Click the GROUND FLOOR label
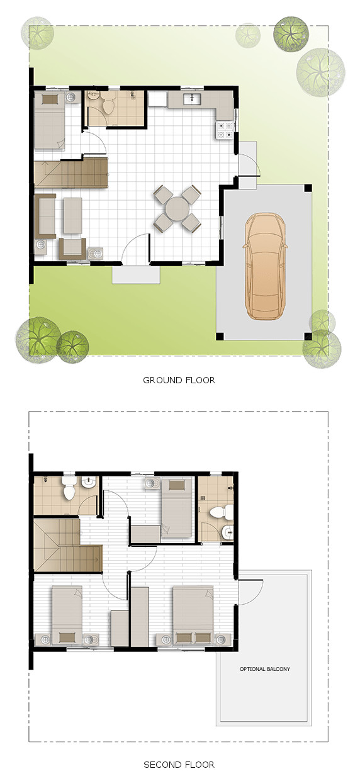pyautogui.click(x=179, y=379)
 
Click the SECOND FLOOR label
pyautogui.click(x=179, y=765)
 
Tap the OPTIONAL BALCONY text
pyautogui.click(x=264, y=669)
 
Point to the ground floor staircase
pyautogui.click(x=71, y=172)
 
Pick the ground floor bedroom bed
pyautogui.click(x=50, y=121)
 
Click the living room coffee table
pyautogui.click(x=73, y=214)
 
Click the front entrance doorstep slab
pyautogui.click(x=136, y=274)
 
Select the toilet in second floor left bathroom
pyautogui.click(x=69, y=488)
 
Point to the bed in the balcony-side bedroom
pyautogui.click(x=193, y=614)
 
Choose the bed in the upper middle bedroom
pyautogui.click(x=177, y=506)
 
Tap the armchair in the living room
pyautogui.click(x=72, y=247)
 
